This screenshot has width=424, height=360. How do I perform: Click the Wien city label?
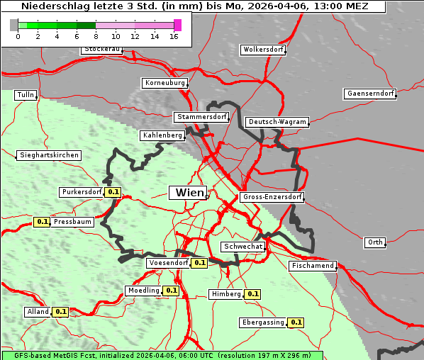click(x=189, y=193)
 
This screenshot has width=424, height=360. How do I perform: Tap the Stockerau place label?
click(x=102, y=50)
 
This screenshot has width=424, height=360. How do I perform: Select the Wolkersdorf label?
click(x=263, y=50)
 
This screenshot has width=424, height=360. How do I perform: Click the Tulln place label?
click(x=26, y=95)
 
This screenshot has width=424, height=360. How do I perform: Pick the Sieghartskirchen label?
click(x=48, y=155)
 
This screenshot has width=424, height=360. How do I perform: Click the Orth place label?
click(x=375, y=242)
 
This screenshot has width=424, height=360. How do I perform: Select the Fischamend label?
click(x=312, y=266)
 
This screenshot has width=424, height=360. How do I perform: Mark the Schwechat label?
click(x=242, y=247)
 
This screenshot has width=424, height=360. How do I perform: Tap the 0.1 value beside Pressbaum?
click(x=42, y=222)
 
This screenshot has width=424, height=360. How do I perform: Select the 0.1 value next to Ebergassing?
click(x=296, y=322)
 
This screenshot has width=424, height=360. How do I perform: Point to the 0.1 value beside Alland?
click(x=60, y=312)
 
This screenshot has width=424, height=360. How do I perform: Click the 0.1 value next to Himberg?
click(x=253, y=294)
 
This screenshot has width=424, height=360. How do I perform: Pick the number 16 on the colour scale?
click(x=174, y=36)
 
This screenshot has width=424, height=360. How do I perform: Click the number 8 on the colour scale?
click(x=96, y=36)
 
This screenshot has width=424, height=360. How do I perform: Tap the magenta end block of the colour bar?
click(x=177, y=25)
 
